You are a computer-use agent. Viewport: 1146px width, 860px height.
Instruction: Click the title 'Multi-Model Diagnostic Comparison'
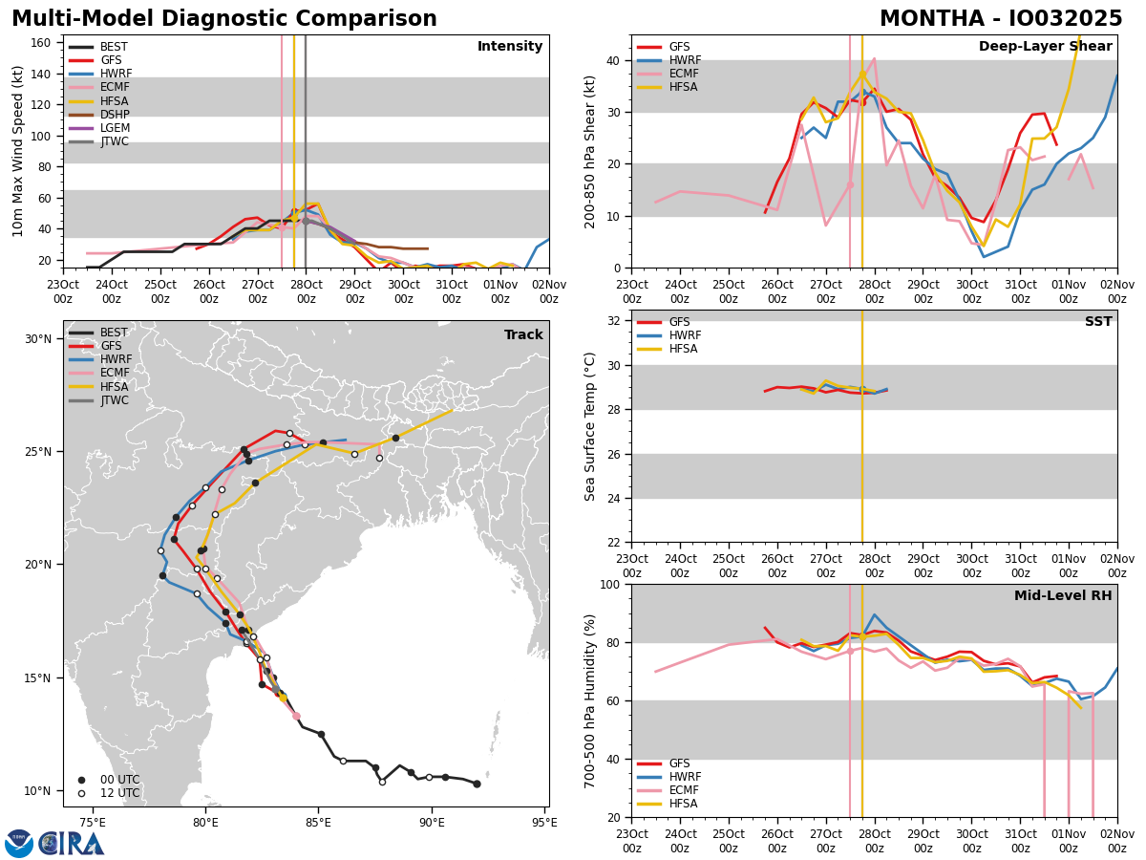tap(224, 19)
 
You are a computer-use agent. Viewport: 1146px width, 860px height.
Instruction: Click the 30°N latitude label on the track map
tap(37, 339)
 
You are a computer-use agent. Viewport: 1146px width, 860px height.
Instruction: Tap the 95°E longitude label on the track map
tap(544, 822)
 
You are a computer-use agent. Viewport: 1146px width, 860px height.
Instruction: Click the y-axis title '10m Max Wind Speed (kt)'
tap(18, 151)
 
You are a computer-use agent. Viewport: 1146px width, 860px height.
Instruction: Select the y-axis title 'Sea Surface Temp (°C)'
tap(590, 426)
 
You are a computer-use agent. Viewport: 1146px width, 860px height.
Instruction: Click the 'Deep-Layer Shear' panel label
tap(1045, 47)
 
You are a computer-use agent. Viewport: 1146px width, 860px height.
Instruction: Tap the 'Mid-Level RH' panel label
tap(1063, 596)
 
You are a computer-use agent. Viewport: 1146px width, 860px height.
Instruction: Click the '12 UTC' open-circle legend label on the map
tap(119, 793)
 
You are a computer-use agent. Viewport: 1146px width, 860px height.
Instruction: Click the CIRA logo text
tap(72, 843)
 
